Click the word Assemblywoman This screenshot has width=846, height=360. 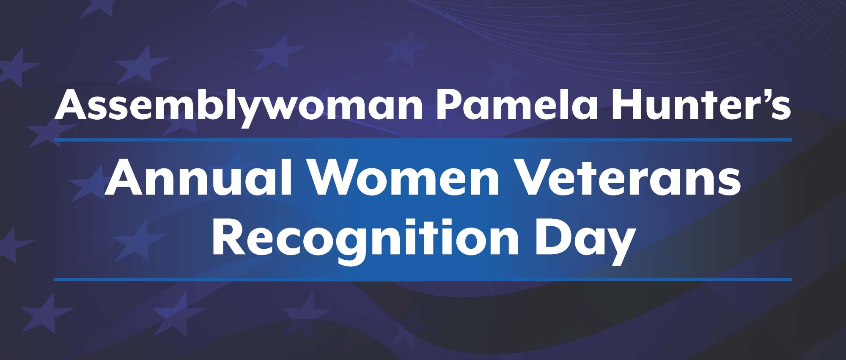pos(239,105)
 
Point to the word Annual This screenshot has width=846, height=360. pos(199,178)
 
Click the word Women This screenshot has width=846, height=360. pos(404,178)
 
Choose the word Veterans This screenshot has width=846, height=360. pos(629,178)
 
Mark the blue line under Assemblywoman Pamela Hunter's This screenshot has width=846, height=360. pos(423,140)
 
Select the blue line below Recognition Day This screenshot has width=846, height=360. pos(423,280)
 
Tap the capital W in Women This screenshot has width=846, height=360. pos(338,178)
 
